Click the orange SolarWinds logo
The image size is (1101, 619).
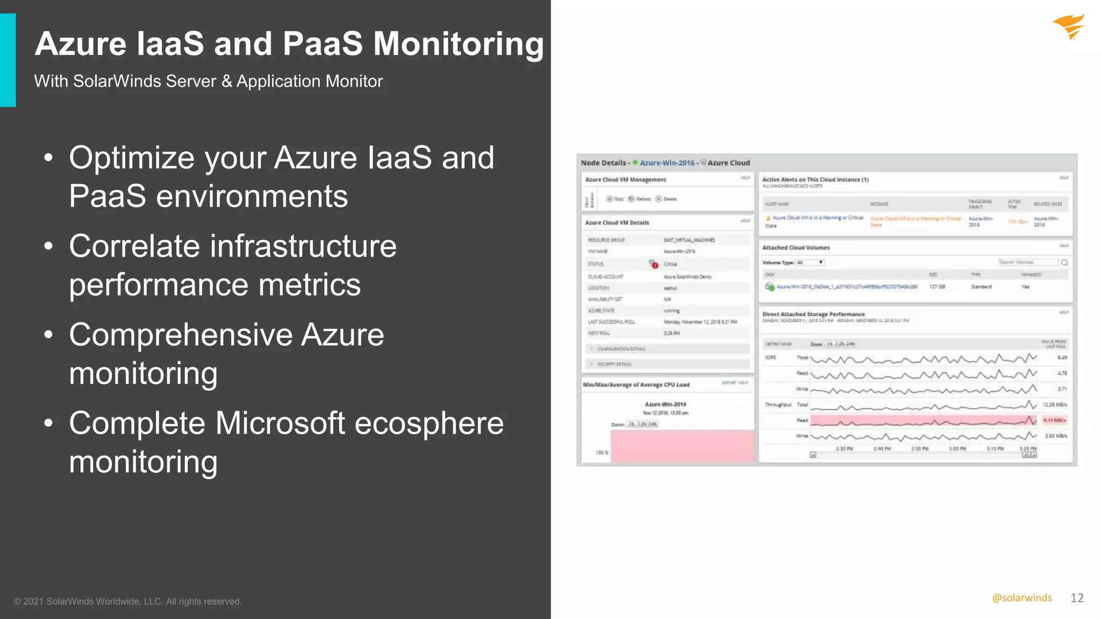[1069, 27]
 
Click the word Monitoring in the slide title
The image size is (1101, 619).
[458, 44]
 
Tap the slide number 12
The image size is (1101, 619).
[1077, 598]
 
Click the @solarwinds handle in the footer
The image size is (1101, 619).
[1021, 598]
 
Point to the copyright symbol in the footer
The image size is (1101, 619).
[17, 602]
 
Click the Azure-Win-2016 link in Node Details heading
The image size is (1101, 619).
[667, 163]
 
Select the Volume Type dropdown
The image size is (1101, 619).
[810, 263]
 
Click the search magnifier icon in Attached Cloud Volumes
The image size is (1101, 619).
[1064, 263]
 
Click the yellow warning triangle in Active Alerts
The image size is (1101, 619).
[768, 218]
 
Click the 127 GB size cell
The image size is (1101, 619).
[936, 287]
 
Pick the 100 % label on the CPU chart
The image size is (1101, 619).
[602, 452]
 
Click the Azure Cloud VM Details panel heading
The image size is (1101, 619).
[617, 222]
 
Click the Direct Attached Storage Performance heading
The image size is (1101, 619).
[813, 314]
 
